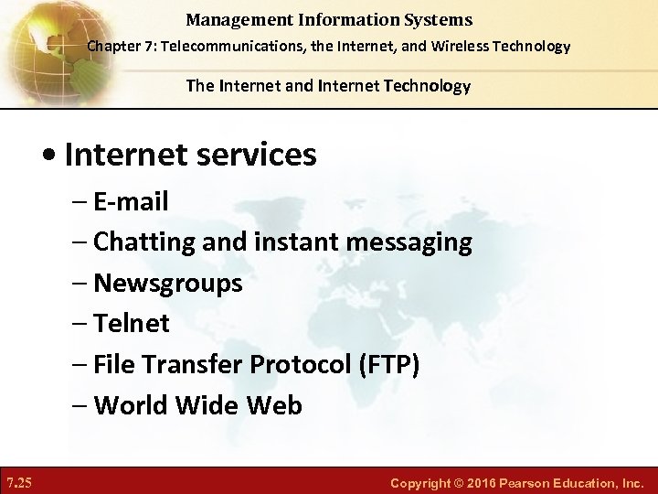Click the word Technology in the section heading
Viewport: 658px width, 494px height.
[426, 86]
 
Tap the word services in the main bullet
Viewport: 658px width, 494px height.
[259, 155]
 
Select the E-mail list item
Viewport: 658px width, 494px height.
[131, 201]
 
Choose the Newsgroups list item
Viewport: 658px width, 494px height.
[168, 283]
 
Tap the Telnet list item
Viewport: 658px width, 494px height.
[132, 323]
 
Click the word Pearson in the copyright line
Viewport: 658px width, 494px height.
[536, 481]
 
